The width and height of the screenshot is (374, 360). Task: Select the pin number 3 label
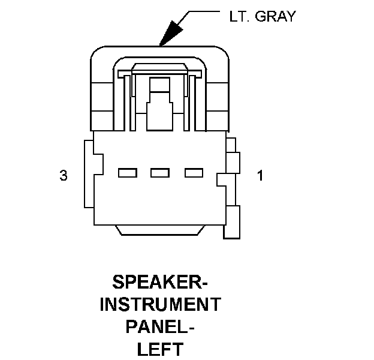tap(63, 176)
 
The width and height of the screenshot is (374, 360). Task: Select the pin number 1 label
tap(260, 176)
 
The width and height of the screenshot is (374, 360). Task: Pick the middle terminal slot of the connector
tap(160, 173)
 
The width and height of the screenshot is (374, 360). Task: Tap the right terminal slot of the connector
tap(194, 173)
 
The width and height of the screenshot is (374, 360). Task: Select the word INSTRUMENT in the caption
tap(160, 304)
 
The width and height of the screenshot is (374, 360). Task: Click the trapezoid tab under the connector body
tap(160, 229)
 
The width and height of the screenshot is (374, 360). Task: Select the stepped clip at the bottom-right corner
tap(233, 223)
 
